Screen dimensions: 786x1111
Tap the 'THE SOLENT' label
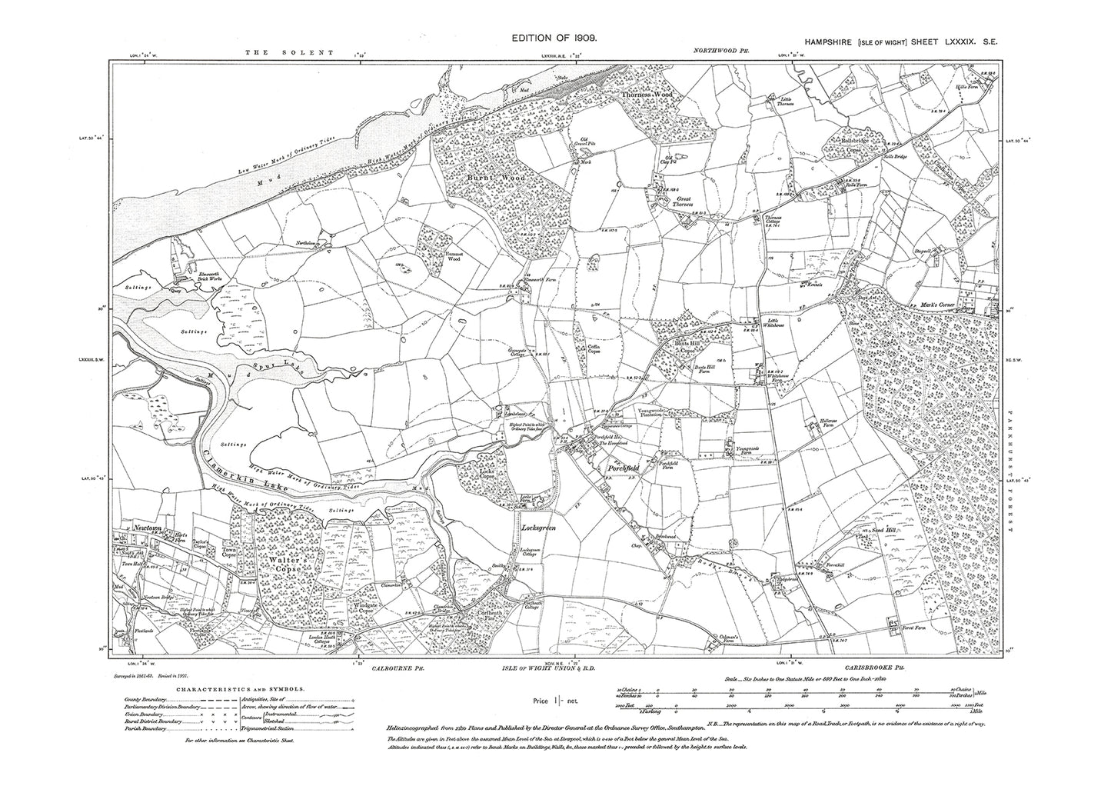289,52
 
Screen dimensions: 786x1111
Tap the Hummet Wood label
434,258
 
